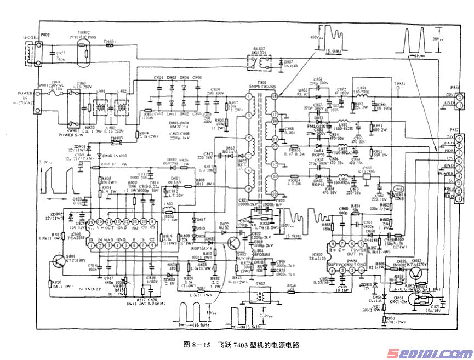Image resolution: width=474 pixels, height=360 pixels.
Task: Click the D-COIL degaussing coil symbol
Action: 26,50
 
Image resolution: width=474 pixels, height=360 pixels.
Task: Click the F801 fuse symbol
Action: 55,92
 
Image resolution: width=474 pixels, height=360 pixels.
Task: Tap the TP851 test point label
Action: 399,84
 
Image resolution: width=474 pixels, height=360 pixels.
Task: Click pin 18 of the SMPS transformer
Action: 269,97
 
